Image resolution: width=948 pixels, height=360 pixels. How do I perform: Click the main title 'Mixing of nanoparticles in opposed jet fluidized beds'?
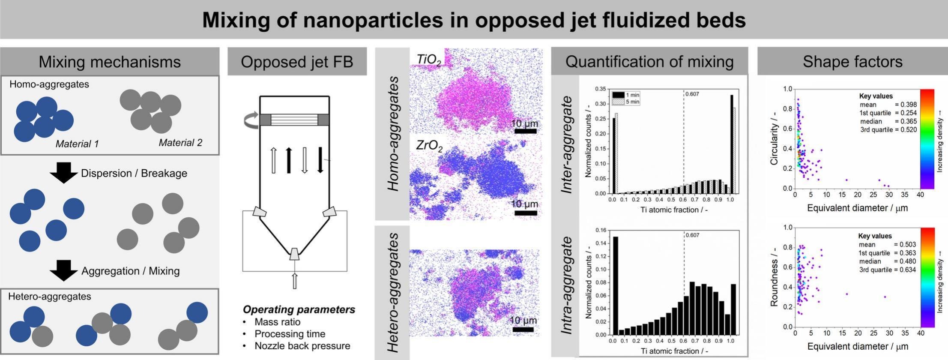[x=474, y=20]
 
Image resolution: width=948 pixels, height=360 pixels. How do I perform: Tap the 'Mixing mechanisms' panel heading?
[x=110, y=62]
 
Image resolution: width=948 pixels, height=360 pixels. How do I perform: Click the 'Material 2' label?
[x=180, y=143]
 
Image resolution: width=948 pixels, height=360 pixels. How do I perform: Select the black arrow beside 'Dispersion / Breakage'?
[x=63, y=173]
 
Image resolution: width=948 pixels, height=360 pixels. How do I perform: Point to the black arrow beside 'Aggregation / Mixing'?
[x=63, y=270]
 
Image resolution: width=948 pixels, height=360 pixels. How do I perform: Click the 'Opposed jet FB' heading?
[x=297, y=62]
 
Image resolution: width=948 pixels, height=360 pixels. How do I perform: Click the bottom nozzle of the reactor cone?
[x=294, y=253]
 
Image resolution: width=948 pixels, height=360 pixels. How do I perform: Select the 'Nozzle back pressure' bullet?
[x=302, y=346]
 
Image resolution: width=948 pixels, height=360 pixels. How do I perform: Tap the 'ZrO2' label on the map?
[x=429, y=146]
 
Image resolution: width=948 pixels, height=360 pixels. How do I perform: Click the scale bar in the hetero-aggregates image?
[x=523, y=330]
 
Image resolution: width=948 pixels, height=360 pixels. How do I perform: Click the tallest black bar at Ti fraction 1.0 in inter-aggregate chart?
[x=732, y=144]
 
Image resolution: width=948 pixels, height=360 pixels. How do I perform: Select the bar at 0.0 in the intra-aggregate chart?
[x=615, y=285]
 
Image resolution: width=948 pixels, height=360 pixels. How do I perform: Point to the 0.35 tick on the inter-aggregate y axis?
[x=600, y=89]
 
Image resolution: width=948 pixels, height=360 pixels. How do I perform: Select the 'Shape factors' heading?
[x=852, y=62]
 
